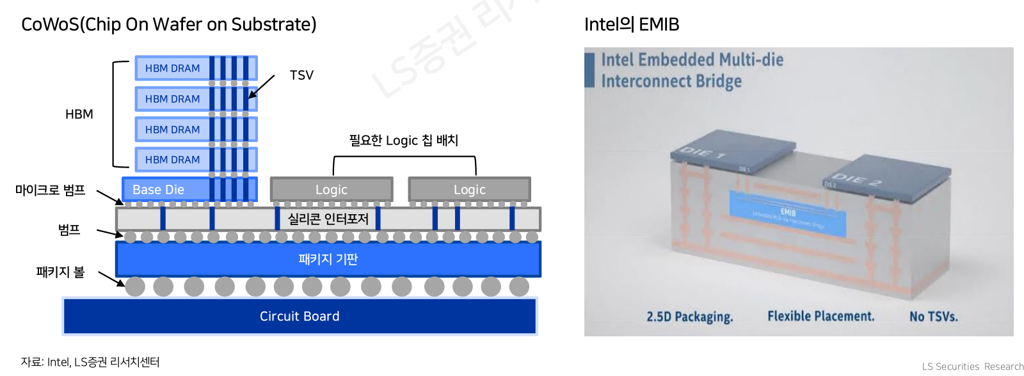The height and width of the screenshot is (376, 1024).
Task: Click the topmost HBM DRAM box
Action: (x=172, y=68)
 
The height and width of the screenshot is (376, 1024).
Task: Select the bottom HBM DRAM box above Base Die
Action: (x=172, y=160)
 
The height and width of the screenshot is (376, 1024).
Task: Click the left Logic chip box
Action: (x=332, y=190)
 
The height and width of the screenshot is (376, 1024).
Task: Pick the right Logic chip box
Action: (x=469, y=190)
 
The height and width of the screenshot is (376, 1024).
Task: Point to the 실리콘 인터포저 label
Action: (x=328, y=219)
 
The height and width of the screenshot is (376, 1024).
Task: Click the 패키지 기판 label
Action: (x=328, y=259)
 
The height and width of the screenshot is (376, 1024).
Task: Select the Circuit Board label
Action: (x=300, y=316)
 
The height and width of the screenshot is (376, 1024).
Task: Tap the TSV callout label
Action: (x=301, y=75)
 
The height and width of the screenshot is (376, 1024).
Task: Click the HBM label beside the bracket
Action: (x=79, y=114)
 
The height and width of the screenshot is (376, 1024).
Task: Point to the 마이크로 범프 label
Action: (x=51, y=190)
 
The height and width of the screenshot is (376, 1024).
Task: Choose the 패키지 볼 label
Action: (x=60, y=272)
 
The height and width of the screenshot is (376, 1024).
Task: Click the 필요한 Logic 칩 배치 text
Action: (x=403, y=140)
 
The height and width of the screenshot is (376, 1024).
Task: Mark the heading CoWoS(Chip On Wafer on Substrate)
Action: (x=169, y=24)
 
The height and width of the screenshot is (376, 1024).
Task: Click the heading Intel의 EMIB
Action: (x=632, y=24)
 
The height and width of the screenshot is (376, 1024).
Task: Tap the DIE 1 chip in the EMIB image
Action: (x=732, y=149)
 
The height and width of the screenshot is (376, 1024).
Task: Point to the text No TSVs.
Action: (x=933, y=317)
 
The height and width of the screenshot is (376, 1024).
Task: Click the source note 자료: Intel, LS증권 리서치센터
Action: (x=90, y=362)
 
